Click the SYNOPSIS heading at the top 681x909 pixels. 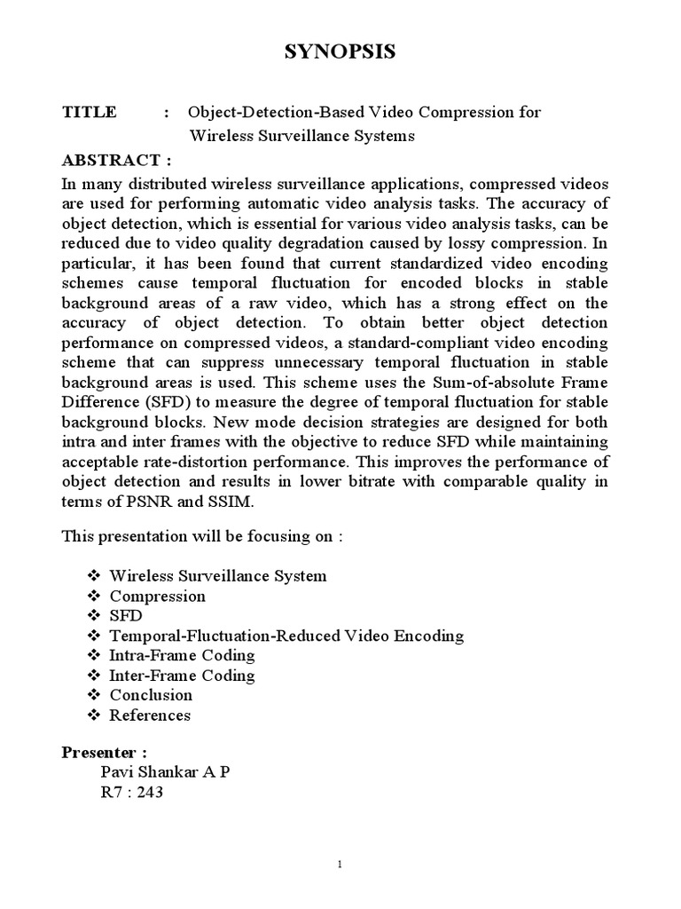click(x=340, y=54)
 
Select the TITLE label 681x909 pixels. click(x=89, y=113)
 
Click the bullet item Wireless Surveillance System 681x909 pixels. click(x=217, y=576)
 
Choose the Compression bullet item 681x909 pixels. click(x=157, y=596)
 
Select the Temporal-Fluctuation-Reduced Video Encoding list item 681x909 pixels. click(x=286, y=636)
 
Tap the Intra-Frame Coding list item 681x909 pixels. click(x=182, y=655)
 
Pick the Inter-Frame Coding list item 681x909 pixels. click(x=182, y=676)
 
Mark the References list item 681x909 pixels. click(x=149, y=715)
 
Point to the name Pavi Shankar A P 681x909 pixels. click(x=166, y=771)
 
